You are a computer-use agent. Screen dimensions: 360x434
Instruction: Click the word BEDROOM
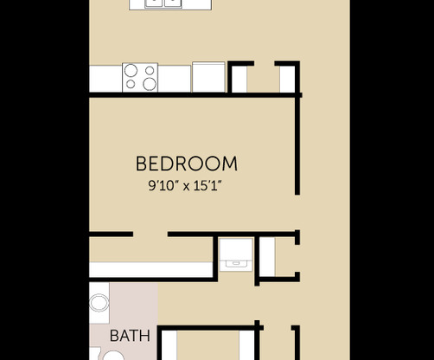coord(187,164)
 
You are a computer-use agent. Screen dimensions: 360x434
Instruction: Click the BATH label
coord(130,336)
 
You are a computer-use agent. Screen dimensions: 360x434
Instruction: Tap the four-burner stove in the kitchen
coord(140,77)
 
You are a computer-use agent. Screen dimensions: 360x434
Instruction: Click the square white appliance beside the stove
coord(208,76)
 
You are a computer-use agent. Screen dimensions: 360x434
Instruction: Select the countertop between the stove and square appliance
coord(175,78)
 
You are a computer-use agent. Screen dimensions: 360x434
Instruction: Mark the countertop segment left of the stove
coord(105,78)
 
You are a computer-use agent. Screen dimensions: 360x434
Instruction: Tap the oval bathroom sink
coord(99,303)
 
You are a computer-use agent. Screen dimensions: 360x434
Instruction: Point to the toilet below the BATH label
coord(112,355)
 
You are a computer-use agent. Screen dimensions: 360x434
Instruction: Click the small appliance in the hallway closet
coord(236,253)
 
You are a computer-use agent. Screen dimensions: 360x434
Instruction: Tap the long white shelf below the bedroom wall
coord(151,270)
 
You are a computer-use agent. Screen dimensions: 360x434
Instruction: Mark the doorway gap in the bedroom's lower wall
coord(150,235)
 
